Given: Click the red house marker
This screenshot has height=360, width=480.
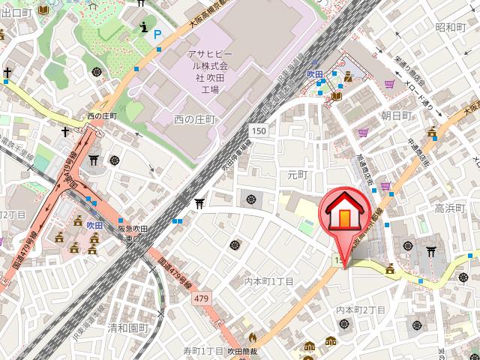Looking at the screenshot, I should point(344,214).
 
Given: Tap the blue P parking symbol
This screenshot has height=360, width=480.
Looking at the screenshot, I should point(157,34).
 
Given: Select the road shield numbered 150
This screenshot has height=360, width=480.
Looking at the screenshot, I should point(259,131).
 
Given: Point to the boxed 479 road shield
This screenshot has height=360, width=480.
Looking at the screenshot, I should point(201,299).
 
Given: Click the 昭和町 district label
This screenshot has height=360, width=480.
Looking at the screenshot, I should point(451,27).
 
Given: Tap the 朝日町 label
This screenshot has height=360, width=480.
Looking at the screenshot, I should point(396,115).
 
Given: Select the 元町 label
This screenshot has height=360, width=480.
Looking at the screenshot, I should point(298,174).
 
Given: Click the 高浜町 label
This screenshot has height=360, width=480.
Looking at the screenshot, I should point(451,207).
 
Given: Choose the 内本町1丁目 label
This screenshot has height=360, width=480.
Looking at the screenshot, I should point(269,281).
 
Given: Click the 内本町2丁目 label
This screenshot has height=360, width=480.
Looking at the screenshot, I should point(361,310).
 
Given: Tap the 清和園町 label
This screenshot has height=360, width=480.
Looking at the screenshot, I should point(128,328).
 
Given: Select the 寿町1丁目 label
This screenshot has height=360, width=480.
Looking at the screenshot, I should point(203,351).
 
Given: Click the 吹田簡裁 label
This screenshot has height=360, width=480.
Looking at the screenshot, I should point(243,351).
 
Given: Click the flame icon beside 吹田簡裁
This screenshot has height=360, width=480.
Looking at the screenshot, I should point(252,337).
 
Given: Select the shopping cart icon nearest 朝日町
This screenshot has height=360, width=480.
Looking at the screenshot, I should point(364,132).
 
